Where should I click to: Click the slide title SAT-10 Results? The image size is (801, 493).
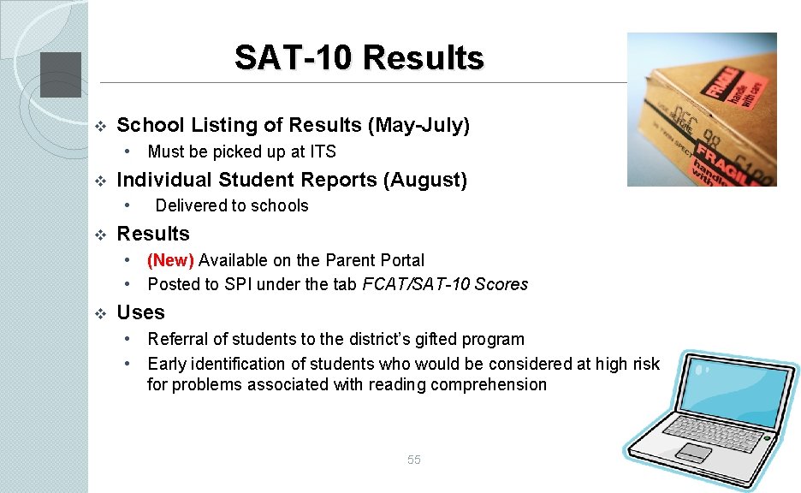pos(359,58)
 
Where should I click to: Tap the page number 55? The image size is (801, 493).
pos(414,460)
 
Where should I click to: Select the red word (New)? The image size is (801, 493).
pos(171,260)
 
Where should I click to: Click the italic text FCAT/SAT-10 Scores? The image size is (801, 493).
pos(445,284)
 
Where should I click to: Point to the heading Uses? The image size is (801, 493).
pos(140,312)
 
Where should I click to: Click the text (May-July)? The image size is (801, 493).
pos(418,126)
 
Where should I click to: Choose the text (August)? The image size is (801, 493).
pos(424,180)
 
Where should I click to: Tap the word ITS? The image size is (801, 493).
pos(323,152)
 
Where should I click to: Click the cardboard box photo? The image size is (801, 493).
pos(701,110)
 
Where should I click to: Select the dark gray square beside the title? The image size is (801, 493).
pos(61,74)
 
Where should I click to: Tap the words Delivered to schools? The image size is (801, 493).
pos(232,205)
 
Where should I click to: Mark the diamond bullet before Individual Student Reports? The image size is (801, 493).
pos(99,181)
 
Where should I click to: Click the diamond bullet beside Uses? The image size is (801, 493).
pos(99,313)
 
